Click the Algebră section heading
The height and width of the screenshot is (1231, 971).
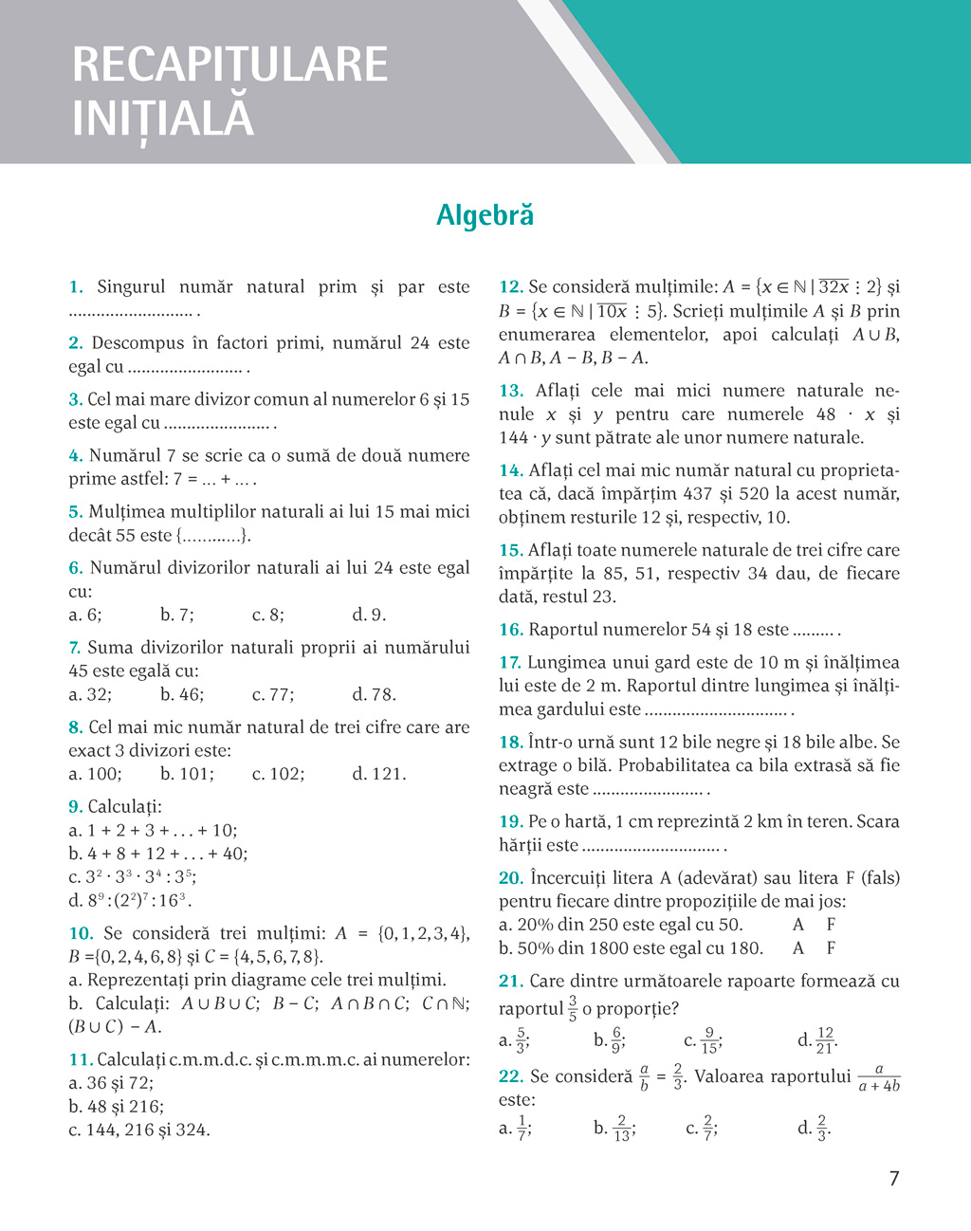[485, 216]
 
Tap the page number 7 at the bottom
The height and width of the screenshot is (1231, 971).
[893, 1179]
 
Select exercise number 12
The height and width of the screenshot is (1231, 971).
[510, 286]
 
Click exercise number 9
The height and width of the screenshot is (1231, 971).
[75, 807]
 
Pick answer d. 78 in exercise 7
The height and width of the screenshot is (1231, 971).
[374, 694]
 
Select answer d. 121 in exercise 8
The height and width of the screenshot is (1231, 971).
[378, 774]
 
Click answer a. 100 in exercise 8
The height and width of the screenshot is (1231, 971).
[95, 774]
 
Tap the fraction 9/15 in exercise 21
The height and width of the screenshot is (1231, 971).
[709, 1040]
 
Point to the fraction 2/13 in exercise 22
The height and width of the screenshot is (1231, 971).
[621, 1128]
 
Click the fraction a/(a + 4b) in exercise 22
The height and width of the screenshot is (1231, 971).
[878, 1078]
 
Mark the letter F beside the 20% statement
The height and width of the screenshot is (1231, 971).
[831, 925]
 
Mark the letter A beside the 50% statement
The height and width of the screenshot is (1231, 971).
[798, 948]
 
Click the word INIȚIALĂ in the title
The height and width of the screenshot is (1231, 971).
[163, 119]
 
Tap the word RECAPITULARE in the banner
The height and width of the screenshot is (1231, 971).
[229, 64]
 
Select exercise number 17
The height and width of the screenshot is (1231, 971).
[510, 663]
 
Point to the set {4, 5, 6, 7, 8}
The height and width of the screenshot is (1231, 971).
[282, 957]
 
